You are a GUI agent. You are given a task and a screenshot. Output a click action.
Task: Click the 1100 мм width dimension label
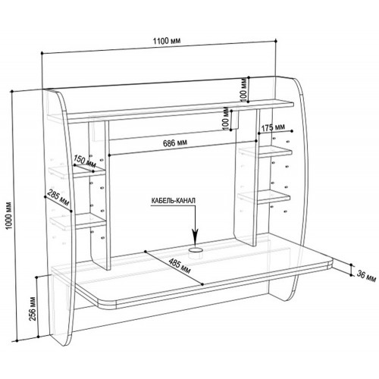tap(167, 40)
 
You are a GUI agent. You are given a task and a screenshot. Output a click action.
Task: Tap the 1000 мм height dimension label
tap(9, 215)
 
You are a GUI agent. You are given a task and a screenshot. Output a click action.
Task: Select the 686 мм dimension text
tap(175, 143)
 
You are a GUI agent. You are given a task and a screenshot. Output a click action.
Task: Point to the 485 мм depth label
tap(179, 266)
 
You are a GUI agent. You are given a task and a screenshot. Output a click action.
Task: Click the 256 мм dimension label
tap(33, 309)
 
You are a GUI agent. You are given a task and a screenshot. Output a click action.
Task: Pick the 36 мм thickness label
tap(366, 276)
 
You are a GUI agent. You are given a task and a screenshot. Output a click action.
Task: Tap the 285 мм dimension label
tap(58, 197)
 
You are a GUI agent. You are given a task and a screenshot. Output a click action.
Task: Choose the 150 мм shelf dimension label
tap(85, 161)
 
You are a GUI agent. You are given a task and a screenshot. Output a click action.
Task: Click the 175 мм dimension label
tap(273, 127)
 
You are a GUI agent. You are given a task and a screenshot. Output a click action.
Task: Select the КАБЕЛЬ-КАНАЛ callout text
tap(173, 201)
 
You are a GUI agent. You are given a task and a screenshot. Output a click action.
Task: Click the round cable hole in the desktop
tap(196, 250)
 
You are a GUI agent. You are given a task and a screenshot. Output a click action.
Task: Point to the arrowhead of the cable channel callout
tap(195, 237)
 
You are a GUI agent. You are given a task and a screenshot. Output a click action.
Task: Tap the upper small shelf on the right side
tap(265, 152)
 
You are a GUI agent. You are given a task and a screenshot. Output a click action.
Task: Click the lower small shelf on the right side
tap(264, 197)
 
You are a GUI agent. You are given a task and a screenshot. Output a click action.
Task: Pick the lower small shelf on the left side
tap(78, 221)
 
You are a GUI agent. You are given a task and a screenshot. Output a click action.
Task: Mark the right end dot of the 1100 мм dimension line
tap(276, 40)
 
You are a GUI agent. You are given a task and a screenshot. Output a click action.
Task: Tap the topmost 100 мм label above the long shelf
tap(244, 89)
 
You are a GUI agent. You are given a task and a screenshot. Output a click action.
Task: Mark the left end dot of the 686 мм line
tap(109, 155)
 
